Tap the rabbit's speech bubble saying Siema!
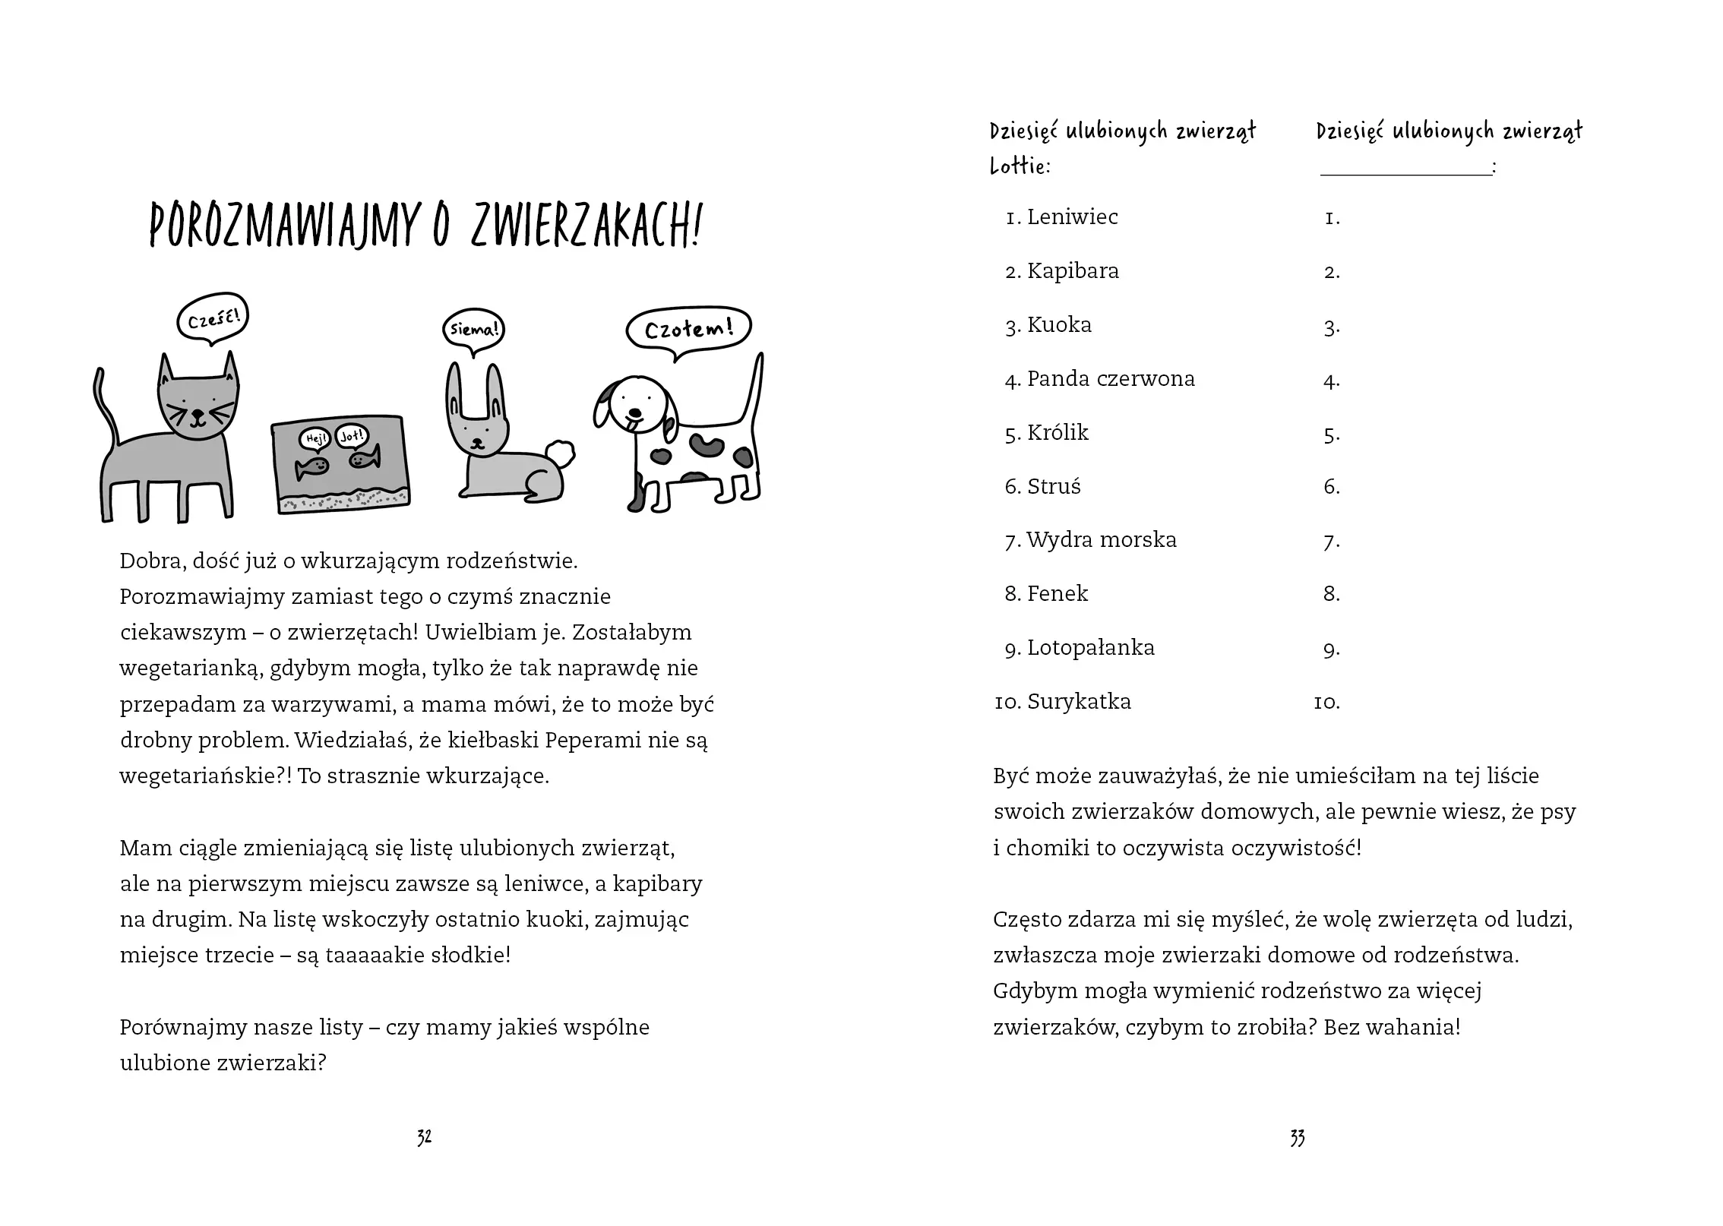coord(473,330)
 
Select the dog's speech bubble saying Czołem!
coord(688,329)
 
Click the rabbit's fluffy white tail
coord(560,454)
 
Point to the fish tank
coord(340,463)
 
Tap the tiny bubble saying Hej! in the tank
coord(315,438)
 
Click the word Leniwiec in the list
coord(1072,217)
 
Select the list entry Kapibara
coord(1073,271)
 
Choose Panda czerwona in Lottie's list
coord(1111,379)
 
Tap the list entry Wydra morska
coord(1101,540)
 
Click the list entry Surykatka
coord(1079,702)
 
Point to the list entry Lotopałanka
coord(1090,648)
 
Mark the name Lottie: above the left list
coord(1020,166)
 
